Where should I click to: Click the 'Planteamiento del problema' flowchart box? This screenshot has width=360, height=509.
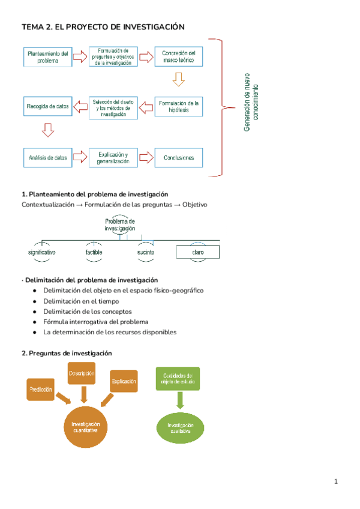pos(48,57)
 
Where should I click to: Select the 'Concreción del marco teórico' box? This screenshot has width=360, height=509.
pos(179,57)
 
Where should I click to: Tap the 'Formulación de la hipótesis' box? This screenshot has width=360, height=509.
pos(179,107)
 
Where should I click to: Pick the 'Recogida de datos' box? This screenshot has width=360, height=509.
pos(48,107)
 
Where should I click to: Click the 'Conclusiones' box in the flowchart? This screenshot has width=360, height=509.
pos(179,158)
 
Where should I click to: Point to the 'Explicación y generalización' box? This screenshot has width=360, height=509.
pos(113,158)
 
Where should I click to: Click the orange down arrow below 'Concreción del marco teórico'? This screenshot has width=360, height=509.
pos(178,79)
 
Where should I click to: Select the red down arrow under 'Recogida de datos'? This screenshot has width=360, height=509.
pos(48,130)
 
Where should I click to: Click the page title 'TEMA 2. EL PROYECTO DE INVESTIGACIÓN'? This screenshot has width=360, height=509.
pos(103,27)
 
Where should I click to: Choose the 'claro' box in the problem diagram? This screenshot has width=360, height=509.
pos(198,253)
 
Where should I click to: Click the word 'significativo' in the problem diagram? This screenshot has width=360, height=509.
pos(42,253)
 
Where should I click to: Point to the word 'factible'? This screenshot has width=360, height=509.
pos(94,253)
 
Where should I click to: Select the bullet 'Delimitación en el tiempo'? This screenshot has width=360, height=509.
pos(80,301)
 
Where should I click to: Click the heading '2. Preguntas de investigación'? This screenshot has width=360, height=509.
pos(66,354)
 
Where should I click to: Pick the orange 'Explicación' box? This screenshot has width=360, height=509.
pos(124,381)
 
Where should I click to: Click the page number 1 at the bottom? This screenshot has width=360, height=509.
pos(336,481)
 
